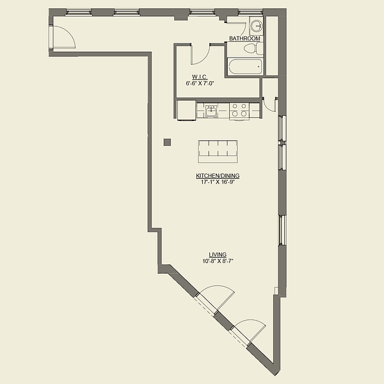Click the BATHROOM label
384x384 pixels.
click(245, 38)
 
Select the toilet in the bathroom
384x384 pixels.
click(253, 47)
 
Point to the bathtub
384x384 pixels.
click(244, 66)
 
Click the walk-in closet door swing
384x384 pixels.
click(200, 54)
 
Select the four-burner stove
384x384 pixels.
click(239, 111)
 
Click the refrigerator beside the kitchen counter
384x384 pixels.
click(186, 111)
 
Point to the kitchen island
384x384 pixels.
click(219, 150)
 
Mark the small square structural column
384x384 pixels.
click(167, 142)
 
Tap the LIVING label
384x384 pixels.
click(218, 255)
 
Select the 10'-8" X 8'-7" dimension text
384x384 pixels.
click(218, 261)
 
